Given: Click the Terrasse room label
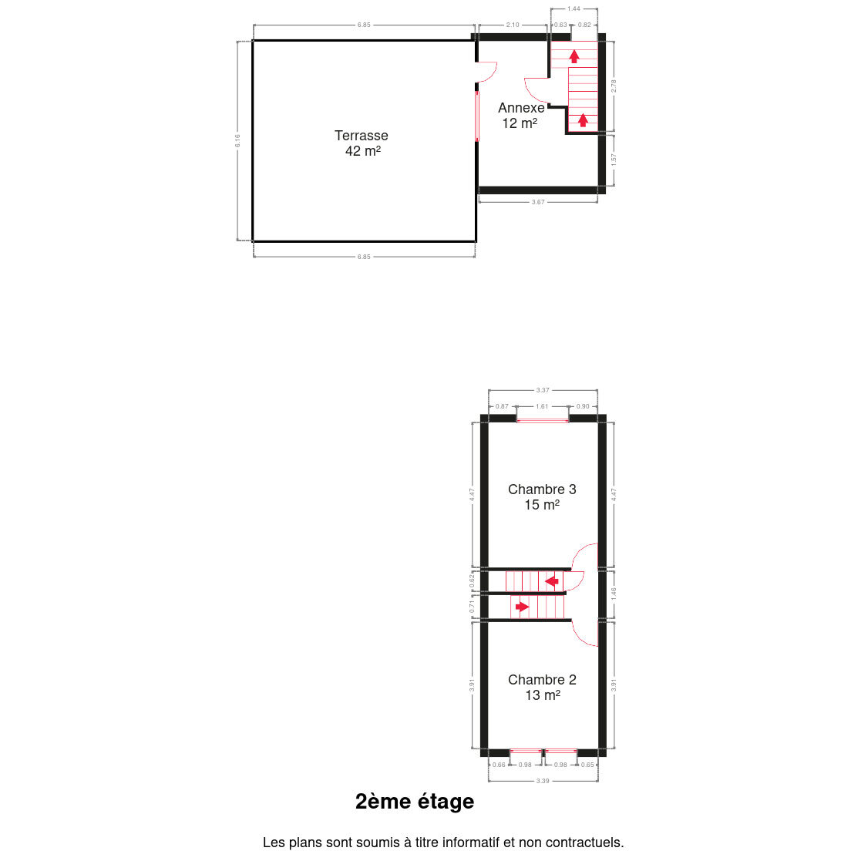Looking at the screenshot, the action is click(361, 136).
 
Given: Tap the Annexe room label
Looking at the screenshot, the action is click(521, 108).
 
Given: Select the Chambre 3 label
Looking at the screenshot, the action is click(542, 489).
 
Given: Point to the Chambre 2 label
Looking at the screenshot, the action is click(542, 680).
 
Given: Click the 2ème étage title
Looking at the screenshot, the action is click(415, 802).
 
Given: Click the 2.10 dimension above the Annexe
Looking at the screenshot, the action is click(513, 25).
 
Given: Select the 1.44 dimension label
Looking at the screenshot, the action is click(573, 8).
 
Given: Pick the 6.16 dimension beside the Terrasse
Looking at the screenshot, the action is click(237, 140).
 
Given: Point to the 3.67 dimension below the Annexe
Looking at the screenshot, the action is click(538, 202).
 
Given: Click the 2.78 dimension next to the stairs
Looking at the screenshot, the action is click(614, 86).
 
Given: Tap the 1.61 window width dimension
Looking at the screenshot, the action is click(542, 406).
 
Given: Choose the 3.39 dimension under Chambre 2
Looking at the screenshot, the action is click(543, 781).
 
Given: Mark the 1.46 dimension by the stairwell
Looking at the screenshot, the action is click(614, 594).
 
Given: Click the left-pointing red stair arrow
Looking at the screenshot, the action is click(551, 582).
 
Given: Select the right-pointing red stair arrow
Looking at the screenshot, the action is click(522, 607).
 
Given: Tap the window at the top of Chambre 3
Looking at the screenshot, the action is click(542, 420).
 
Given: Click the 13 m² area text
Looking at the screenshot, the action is click(543, 695).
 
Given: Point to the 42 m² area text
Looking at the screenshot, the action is click(363, 151).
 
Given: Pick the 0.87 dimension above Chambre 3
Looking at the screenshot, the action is click(502, 406).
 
